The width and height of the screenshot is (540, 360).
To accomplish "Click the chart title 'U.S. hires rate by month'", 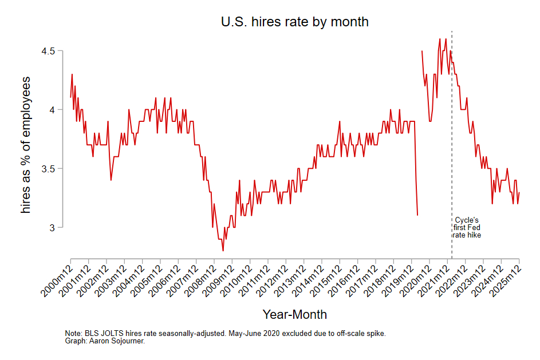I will tap(294, 22).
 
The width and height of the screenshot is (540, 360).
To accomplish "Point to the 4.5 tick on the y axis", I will tap(54, 51).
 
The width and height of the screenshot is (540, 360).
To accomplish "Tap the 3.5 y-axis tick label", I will tap(54, 169).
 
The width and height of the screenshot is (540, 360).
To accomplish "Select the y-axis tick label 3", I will tap(58, 228).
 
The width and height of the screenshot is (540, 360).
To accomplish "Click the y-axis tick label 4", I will tap(58, 110).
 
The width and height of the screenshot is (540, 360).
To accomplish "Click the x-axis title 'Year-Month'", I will tap(294, 314).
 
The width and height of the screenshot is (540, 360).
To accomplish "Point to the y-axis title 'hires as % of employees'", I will tap(26, 145).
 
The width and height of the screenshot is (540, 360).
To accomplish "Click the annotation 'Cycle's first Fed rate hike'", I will tap(467, 227).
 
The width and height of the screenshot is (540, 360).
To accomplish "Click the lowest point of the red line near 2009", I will tap(223, 251).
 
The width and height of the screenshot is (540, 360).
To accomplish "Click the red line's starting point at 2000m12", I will tap(70, 97).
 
